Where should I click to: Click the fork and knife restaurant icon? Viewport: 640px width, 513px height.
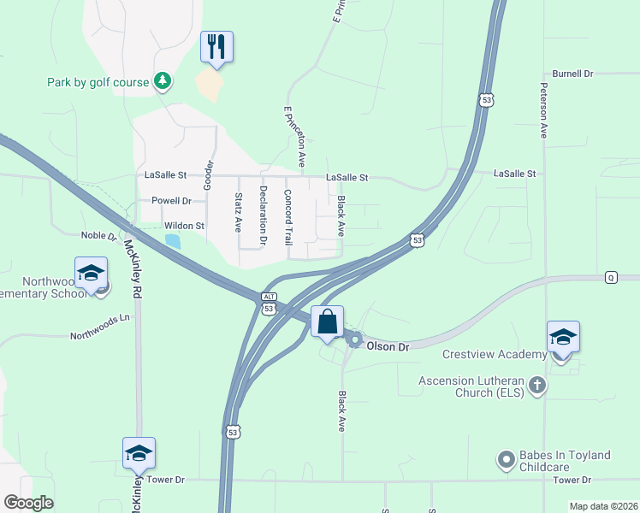(216, 47)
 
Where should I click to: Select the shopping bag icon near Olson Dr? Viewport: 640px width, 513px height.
(327, 323)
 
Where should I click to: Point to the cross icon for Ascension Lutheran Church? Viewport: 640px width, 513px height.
(536, 385)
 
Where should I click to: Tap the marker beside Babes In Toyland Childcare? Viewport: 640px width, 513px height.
(506, 461)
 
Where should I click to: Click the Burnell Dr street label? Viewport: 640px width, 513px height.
(572, 74)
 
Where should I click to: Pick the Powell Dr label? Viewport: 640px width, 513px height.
(171, 201)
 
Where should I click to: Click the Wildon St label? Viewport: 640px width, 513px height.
(185, 226)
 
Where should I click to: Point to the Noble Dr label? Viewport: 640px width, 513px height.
(98, 236)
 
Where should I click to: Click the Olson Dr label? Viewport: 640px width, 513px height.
(388, 346)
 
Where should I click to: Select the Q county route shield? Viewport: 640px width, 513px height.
(611, 277)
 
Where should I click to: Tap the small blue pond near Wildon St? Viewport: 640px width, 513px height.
(173, 241)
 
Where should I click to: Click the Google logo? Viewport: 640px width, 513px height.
(29, 503)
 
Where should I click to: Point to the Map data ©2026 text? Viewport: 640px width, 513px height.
(602, 506)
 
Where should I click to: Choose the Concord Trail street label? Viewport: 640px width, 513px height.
(288, 218)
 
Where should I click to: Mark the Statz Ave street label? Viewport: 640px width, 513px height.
(239, 212)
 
